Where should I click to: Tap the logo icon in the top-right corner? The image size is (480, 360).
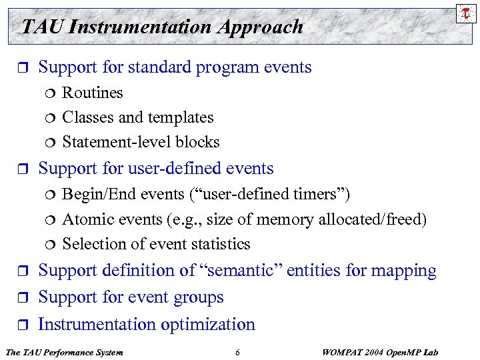[x=466, y=12]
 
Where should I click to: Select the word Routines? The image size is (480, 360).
[x=92, y=93]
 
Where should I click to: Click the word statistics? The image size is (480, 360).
[x=218, y=244]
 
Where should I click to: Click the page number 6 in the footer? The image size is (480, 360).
[x=237, y=352]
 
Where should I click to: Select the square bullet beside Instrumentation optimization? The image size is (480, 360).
[x=23, y=325]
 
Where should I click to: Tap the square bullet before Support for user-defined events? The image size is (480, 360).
[x=23, y=169]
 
